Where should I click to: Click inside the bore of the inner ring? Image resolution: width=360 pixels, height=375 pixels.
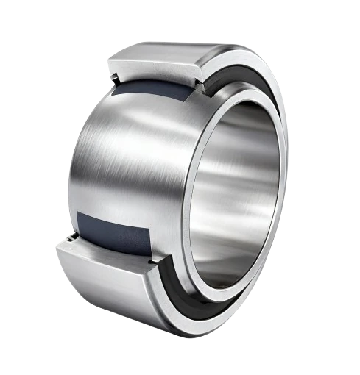243,191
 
